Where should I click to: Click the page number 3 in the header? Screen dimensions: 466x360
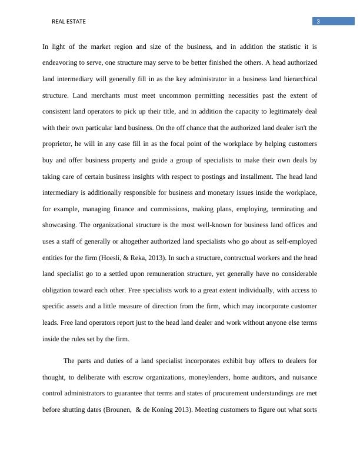[318, 22]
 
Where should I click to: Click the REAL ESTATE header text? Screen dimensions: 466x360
[69, 22]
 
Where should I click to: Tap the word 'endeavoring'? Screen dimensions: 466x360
[60, 62]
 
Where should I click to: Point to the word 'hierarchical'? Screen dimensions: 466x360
[298, 78]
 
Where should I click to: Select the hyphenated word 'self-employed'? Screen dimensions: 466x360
[295, 241]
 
